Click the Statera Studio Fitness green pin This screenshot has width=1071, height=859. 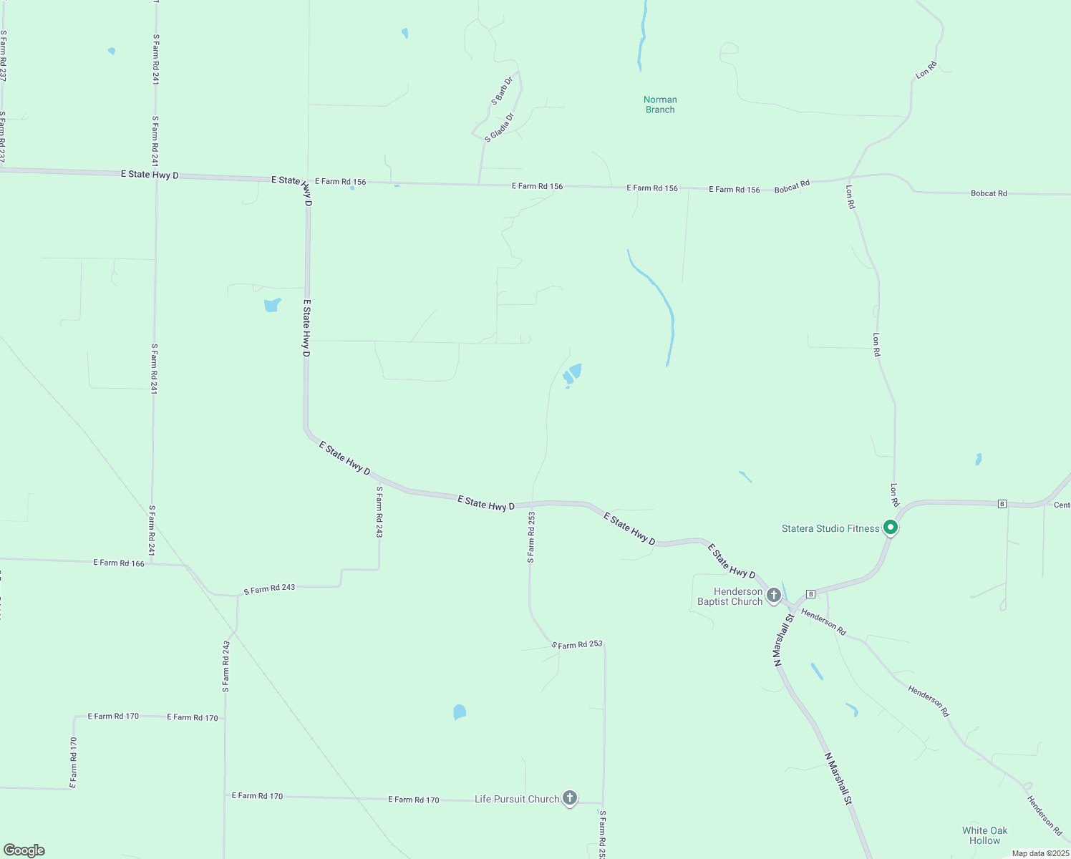coord(891,528)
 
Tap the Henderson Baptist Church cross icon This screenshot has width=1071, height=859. coord(773,595)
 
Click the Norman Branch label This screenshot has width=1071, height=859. coord(660,105)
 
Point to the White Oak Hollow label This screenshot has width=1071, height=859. coord(984,835)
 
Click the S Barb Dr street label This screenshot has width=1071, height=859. coord(503,91)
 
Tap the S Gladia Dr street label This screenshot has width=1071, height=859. coord(500,127)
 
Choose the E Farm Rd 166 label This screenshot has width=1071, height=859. coord(119,563)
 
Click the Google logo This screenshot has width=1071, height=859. coord(24,850)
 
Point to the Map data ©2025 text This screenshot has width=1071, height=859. coord(1040,853)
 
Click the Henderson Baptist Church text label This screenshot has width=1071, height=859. coord(730,596)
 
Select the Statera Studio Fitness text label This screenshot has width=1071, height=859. coord(830,528)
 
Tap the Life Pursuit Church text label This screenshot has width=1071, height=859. coord(517,799)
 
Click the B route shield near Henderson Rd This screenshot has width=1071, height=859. coord(810,593)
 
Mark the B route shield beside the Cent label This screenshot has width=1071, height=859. coord(1002,504)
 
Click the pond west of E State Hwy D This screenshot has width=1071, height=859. coord(272,305)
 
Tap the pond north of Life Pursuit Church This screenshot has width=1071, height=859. coord(460,712)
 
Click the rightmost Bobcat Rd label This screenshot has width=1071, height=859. coord(989,193)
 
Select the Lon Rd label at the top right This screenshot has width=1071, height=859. coord(926,70)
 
